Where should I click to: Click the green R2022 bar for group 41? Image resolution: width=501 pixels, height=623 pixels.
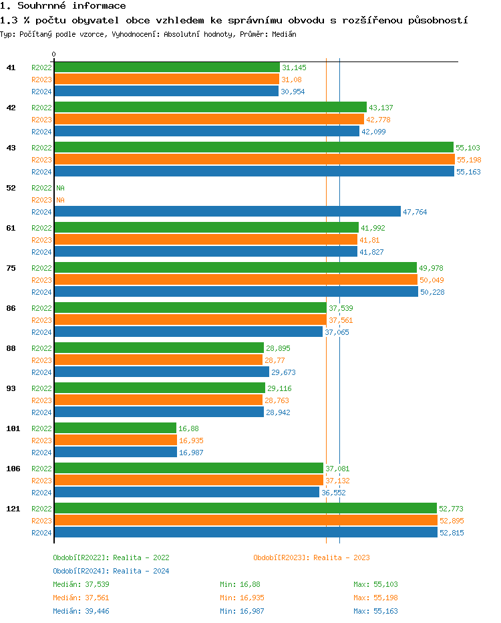(x=167, y=68)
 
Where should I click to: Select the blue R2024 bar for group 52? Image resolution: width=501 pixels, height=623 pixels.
(x=227, y=212)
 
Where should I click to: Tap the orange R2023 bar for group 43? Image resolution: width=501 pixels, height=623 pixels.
(x=254, y=160)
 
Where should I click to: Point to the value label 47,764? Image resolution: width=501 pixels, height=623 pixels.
(x=415, y=212)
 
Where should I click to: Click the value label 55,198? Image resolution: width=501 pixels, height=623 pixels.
(x=468, y=160)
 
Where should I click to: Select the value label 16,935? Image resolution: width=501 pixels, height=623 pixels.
(x=191, y=441)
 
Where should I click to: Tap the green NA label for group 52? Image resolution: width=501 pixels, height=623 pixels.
(x=60, y=188)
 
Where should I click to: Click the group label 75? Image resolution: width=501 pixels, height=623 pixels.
(x=11, y=268)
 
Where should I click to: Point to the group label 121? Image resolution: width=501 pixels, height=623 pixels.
(x=13, y=509)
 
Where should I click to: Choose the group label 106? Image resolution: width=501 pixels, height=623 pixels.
(x=13, y=469)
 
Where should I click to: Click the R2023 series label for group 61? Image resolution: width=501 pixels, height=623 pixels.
(x=41, y=240)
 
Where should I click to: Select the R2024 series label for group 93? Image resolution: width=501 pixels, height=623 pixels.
(x=41, y=412)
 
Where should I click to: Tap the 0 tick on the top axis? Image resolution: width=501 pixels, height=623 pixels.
(x=54, y=54)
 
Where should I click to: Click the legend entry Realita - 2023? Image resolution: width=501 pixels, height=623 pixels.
(x=311, y=557)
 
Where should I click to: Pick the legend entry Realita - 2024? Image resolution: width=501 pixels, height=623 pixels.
(x=111, y=571)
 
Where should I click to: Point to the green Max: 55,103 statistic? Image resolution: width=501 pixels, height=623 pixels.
(x=375, y=584)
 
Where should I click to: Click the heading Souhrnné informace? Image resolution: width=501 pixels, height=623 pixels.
(x=63, y=6)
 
